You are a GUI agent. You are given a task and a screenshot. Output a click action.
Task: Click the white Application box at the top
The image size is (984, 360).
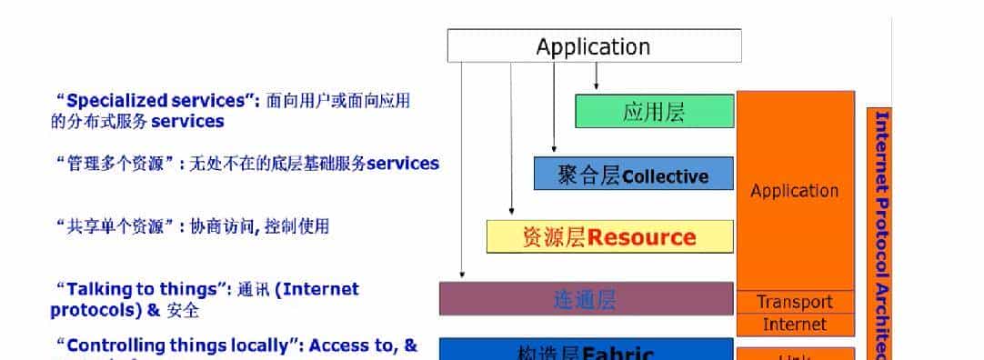pyautogui.click(x=593, y=46)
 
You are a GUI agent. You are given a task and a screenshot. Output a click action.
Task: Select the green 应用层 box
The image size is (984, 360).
pyautogui.click(x=654, y=111)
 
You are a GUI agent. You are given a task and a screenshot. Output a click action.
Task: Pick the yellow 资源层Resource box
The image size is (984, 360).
pyautogui.click(x=609, y=237)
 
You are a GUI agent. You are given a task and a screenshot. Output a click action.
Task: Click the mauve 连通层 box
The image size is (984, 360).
pyautogui.click(x=585, y=299)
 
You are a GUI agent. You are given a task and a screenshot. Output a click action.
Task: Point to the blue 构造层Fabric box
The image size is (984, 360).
pyautogui.click(x=585, y=351)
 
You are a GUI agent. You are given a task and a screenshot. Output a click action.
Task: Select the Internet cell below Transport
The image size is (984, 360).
pyautogui.click(x=795, y=325)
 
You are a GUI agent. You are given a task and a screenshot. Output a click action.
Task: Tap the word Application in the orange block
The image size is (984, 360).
pyautogui.click(x=795, y=191)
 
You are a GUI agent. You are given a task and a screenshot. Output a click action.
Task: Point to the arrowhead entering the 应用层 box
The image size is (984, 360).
pyautogui.click(x=597, y=87)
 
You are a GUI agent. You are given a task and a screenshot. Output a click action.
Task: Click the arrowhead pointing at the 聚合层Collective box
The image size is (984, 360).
pyautogui.click(x=554, y=149)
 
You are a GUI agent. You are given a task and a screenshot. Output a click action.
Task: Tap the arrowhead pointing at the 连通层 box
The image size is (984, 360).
pyautogui.click(x=462, y=274)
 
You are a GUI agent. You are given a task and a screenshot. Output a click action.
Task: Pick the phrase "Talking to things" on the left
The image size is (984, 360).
pyautogui.click(x=140, y=289)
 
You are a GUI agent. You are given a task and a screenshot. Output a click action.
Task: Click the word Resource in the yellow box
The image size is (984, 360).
pyautogui.click(x=641, y=238)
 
